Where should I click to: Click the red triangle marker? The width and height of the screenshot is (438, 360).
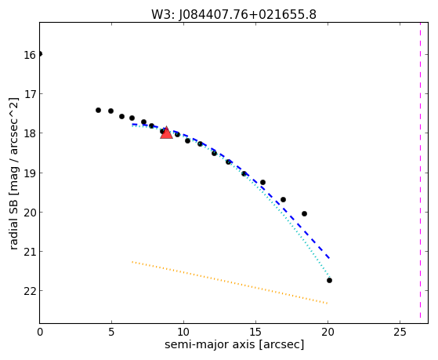click(x=166, y=133)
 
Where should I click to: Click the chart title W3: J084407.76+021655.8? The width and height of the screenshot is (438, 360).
click(x=233, y=15)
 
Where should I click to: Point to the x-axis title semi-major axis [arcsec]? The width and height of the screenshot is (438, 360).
click(x=234, y=344)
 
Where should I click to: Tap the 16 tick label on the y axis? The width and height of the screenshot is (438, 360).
click(x=30, y=55)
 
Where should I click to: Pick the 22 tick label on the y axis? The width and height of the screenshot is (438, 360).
click(x=30, y=292)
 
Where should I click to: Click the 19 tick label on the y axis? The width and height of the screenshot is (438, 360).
click(x=30, y=173)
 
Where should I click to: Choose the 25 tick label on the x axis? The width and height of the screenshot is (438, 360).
click(x=400, y=332)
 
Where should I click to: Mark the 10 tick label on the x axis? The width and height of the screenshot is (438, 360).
click(x=183, y=332)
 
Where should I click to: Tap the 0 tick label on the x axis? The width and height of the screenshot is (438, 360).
click(x=40, y=332)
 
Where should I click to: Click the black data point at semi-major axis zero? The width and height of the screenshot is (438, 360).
click(x=40, y=53)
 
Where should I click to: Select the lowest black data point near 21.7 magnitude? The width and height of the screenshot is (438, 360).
click(x=329, y=280)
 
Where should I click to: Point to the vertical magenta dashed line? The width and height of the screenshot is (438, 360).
click(x=420, y=170)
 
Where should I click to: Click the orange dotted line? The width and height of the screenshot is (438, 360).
click(x=230, y=282)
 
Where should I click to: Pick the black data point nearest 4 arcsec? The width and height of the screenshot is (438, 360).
click(x=98, y=111)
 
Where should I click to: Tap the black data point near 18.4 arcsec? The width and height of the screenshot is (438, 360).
click(x=305, y=213)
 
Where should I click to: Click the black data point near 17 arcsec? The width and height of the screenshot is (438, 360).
click(x=283, y=199)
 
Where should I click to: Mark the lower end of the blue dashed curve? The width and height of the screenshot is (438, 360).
click(x=330, y=258)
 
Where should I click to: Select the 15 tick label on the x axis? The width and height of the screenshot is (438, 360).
click(x=255, y=332)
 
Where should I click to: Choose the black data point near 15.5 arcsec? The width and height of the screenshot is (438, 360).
click(x=262, y=183)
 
